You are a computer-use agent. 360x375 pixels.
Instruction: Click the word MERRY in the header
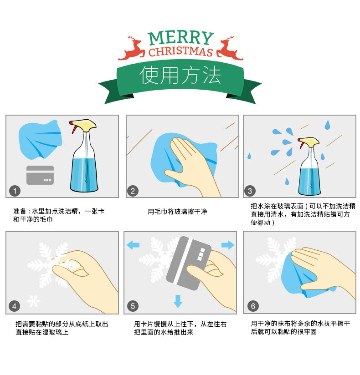180,38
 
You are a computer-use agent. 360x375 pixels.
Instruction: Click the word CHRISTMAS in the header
180,51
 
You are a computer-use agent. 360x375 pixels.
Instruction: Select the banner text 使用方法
180,75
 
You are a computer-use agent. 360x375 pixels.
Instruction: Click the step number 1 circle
15,190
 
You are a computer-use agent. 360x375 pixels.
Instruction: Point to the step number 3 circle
250,190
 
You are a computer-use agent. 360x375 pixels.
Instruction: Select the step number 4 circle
15,306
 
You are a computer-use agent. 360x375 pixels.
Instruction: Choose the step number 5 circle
133,306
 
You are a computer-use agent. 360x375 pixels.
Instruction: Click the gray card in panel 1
40,175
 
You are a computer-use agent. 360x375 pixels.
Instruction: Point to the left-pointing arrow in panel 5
133,245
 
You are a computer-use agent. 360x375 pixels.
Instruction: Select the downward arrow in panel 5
178,301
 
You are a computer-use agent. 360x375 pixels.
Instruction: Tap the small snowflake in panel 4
33,301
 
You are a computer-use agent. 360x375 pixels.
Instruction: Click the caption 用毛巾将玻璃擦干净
177,212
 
